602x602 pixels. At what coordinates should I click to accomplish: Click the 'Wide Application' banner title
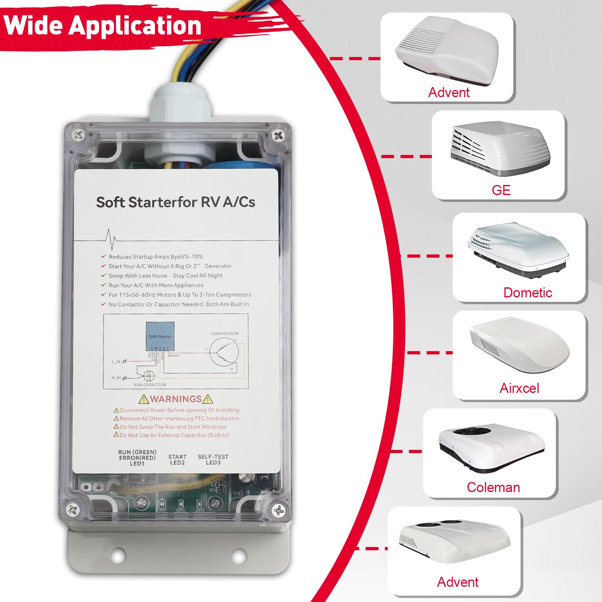click(102, 25)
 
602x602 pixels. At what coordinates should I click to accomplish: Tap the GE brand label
click(501, 190)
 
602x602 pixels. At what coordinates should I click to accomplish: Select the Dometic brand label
click(527, 293)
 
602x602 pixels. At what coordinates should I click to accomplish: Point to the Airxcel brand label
click(519, 388)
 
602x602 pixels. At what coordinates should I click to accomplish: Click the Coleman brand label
click(493, 487)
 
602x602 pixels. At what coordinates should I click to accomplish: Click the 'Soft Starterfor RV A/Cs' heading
click(175, 202)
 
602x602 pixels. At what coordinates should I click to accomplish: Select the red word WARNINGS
click(176, 399)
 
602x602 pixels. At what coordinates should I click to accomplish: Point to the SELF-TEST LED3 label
click(213, 460)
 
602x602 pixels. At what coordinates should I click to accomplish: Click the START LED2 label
click(177, 460)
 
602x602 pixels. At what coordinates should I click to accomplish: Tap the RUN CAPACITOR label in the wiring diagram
click(149, 385)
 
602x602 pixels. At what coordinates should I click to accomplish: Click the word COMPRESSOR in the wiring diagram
click(224, 334)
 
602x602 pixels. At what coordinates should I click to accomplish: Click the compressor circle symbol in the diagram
click(224, 352)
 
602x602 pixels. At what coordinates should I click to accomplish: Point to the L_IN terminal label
click(116, 362)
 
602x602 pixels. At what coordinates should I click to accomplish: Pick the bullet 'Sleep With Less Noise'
click(165, 276)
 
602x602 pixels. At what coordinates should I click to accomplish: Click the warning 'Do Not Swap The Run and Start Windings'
click(173, 427)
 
